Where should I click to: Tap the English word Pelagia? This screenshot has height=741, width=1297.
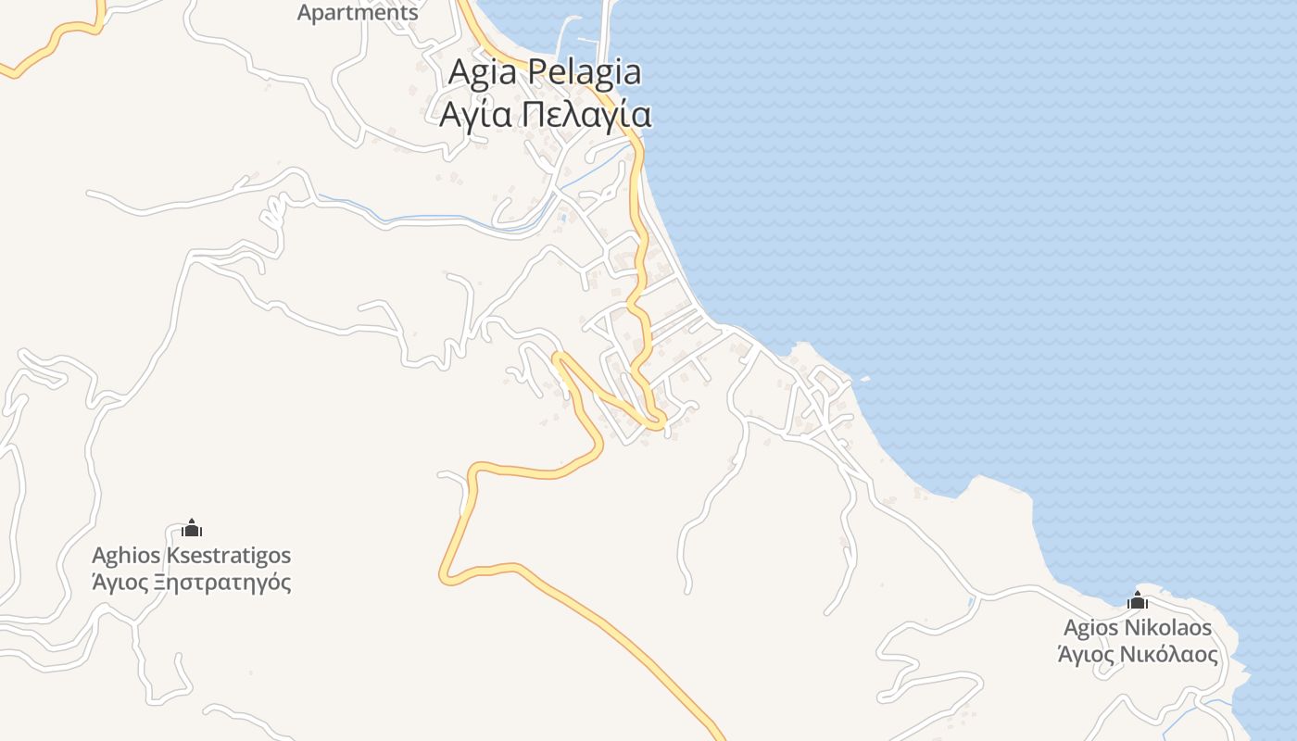584,72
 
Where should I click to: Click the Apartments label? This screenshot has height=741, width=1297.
358,13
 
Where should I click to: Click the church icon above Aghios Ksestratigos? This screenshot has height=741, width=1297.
192,528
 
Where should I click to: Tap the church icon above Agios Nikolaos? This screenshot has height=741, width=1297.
1138,600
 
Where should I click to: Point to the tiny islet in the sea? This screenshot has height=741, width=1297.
864,378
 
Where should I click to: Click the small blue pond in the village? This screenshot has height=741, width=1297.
563,219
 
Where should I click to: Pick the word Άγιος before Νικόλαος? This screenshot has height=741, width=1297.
1086,654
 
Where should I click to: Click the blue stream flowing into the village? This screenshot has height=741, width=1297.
435,219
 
